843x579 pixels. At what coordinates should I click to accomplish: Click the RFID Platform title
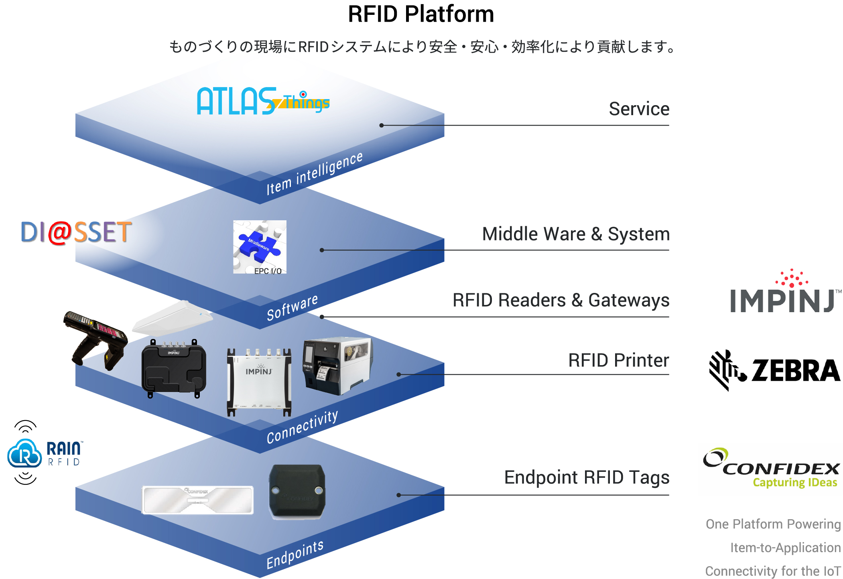(x=420, y=14)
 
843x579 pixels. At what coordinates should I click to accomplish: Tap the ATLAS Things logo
(x=263, y=102)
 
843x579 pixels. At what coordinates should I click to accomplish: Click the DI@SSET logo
(x=76, y=232)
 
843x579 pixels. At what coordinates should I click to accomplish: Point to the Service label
(x=639, y=109)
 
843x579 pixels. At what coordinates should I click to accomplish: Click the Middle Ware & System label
(x=575, y=234)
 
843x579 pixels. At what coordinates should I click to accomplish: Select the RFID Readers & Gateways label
(x=561, y=300)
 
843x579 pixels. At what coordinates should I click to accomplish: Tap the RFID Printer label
(x=618, y=360)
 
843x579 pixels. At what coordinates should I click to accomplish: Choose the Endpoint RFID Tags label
(x=586, y=477)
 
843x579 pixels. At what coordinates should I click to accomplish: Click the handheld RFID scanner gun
(x=96, y=339)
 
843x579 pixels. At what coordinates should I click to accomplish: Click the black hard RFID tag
(x=297, y=491)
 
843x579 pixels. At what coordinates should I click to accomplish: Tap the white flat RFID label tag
(x=198, y=500)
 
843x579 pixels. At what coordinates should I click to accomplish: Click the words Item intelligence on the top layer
(x=314, y=173)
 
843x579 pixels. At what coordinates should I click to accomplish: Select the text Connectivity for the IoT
(x=773, y=571)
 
